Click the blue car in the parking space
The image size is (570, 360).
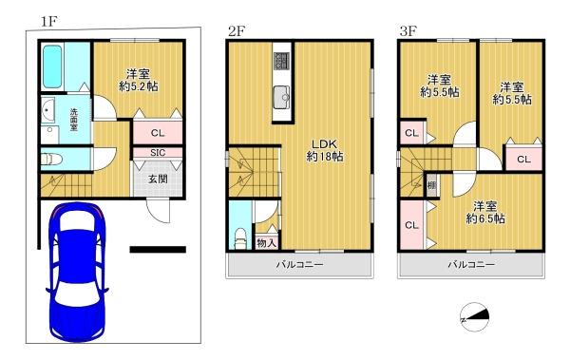pos(77,272)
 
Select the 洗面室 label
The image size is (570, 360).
pos(74,120)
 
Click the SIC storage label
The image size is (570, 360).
pos(158,153)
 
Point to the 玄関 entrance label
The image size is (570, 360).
pos(158,179)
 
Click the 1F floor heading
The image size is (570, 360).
pos(48,22)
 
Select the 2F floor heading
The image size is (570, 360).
pos(237,31)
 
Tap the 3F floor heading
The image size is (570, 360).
pos(408,31)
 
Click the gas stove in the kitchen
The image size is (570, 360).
pos(281,61)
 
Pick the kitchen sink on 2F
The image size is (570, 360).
pos(282,98)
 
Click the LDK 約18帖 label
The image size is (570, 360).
pos(325,149)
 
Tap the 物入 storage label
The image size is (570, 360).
pos(266,243)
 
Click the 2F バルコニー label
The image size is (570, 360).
pos(299,264)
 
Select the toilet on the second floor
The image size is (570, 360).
pos(240,237)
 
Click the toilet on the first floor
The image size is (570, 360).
pos(51,159)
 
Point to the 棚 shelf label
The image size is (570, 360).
pos(431,185)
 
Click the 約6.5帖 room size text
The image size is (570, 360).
pos(484,218)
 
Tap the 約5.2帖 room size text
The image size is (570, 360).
pos(139,86)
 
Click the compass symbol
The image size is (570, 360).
pos(475,317)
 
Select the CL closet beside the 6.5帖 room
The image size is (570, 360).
pos(411,225)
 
